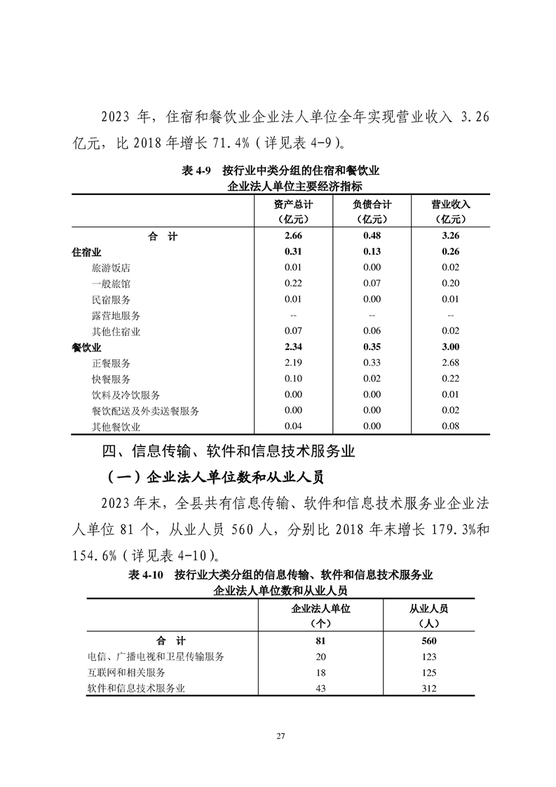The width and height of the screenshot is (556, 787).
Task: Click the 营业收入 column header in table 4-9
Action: (450, 205)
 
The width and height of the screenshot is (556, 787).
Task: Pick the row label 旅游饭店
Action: (111, 268)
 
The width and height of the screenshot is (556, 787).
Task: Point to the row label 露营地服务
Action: (116, 316)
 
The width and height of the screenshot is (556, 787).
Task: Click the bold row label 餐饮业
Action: (87, 347)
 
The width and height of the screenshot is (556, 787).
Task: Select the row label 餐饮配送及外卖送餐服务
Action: (145, 410)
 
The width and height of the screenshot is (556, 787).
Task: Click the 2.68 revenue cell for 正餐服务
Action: (450, 363)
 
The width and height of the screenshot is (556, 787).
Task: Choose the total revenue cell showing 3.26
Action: (450, 236)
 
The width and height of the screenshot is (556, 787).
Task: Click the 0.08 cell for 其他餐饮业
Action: (450, 426)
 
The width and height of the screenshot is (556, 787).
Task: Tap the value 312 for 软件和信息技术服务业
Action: (428, 689)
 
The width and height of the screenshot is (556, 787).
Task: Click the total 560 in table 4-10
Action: (428, 640)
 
